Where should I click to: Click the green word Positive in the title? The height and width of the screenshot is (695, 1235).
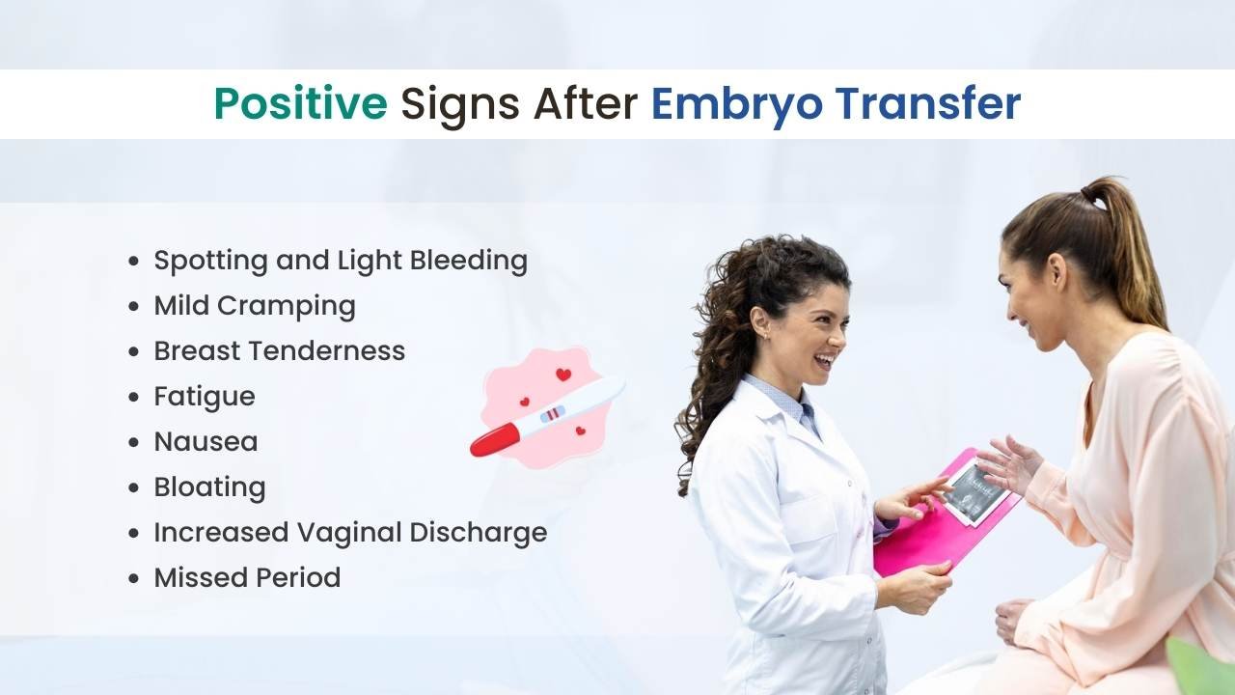click(x=301, y=103)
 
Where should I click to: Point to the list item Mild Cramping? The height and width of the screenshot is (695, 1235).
click(x=255, y=306)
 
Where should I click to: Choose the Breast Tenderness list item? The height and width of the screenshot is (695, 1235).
click(x=280, y=350)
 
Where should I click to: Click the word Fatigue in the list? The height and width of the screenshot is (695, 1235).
click(x=205, y=397)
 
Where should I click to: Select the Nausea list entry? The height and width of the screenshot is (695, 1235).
click(x=206, y=442)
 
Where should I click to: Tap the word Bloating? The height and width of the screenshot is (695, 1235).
click(x=209, y=487)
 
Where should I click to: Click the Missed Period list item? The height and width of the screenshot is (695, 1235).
click(x=247, y=577)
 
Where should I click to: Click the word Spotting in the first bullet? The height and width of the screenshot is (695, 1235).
click(x=211, y=261)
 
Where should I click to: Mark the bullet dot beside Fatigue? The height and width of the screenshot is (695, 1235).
click(x=133, y=397)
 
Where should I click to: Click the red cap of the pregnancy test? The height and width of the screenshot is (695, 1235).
click(x=495, y=439)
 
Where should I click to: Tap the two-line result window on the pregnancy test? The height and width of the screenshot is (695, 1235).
click(x=553, y=413)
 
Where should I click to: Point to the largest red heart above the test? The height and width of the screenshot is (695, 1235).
click(x=563, y=375)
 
